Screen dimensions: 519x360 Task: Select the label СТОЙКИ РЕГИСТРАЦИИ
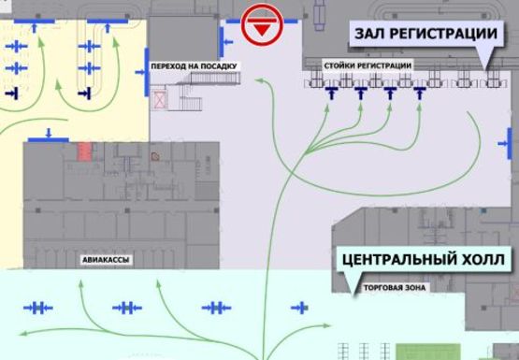tap(367, 65)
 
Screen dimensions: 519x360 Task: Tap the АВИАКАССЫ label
tap(101, 256)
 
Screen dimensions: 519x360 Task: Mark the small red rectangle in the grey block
tap(85, 150)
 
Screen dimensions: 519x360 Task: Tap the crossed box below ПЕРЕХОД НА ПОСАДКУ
tap(158, 97)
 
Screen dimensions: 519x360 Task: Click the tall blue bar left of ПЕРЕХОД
tap(148, 72)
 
